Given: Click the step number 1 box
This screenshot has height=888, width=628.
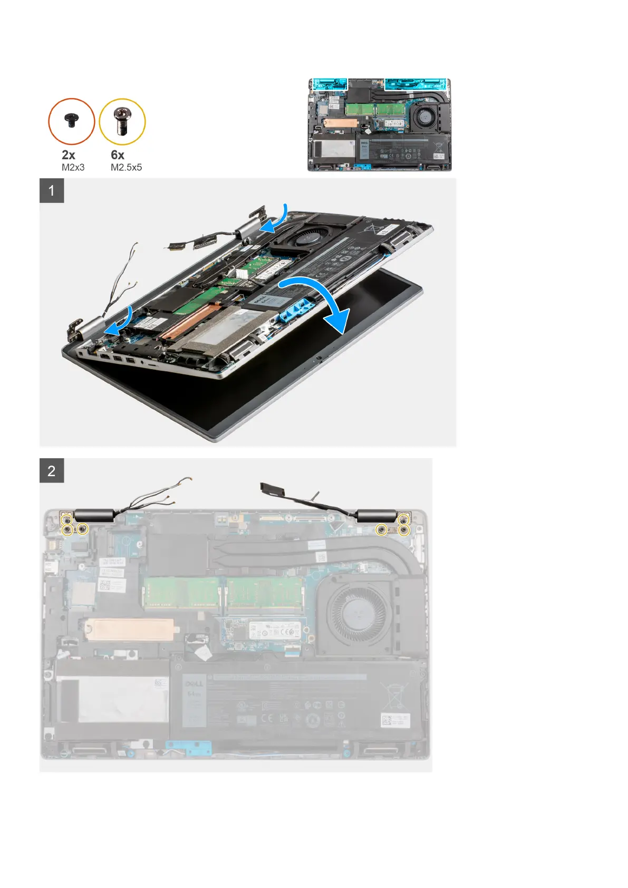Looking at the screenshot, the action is point(52,190).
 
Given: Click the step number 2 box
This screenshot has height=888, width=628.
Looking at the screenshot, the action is point(52,470).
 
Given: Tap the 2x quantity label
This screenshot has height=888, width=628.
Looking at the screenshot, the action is point(69,155).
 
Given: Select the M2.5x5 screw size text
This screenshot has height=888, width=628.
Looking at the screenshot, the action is point(126,167).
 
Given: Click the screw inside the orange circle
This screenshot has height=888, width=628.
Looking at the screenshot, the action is point(71,121).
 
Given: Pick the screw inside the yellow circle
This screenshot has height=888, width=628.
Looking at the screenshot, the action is point(122,121).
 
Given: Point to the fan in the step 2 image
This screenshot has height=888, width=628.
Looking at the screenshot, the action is point(359,614).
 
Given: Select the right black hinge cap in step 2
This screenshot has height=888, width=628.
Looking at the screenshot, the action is point(376,516).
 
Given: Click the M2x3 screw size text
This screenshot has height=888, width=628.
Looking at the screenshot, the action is point(73,167).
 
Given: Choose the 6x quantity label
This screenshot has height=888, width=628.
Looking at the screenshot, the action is point(118,155).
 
